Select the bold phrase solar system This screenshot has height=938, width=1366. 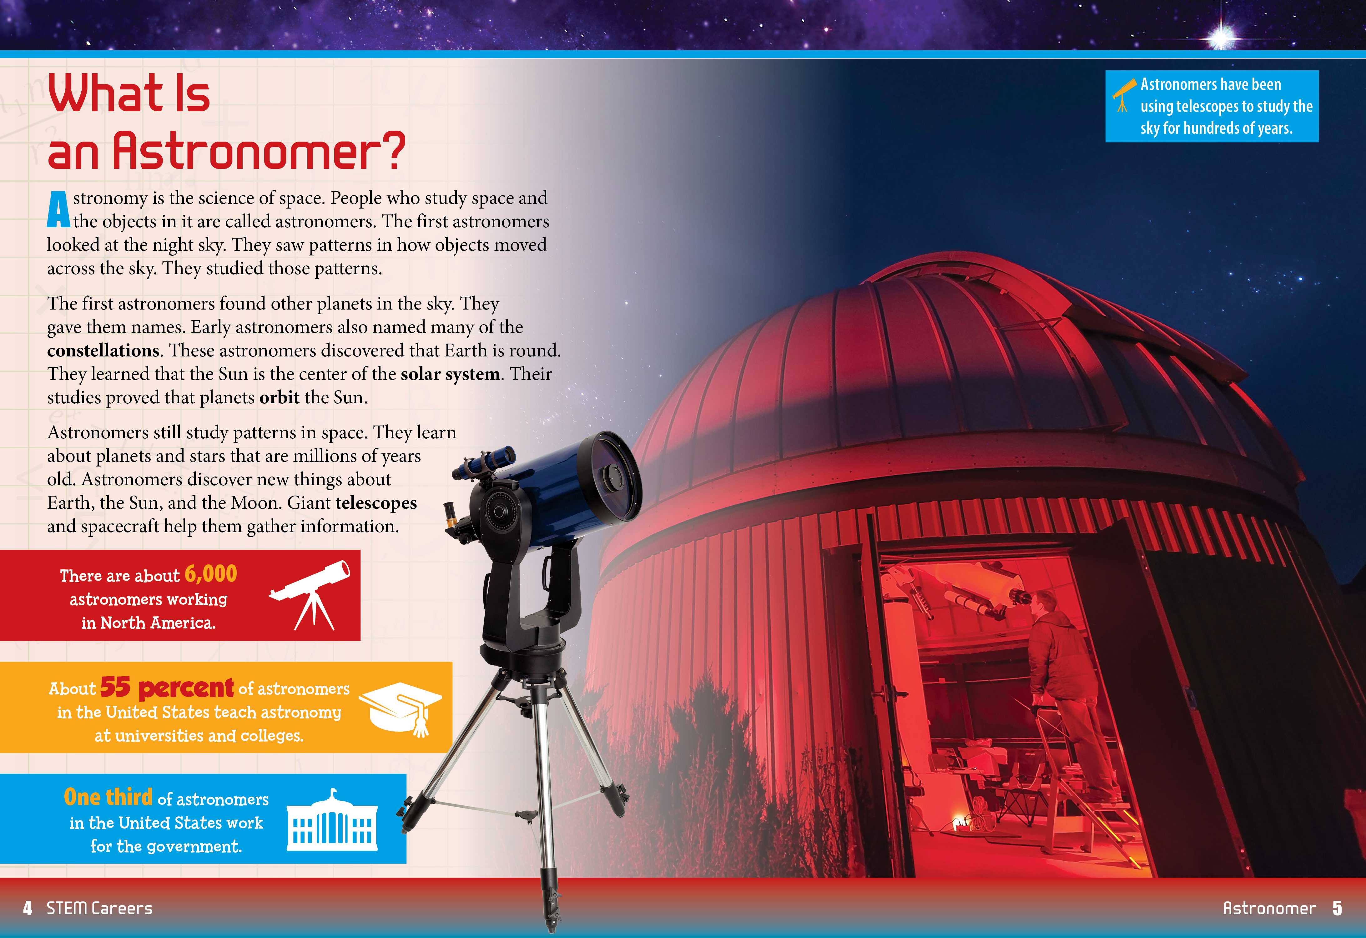point(450,374)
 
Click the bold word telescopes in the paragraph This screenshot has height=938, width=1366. point(376,503)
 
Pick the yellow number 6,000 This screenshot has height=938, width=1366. point(210,574)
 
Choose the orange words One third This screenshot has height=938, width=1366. point(108,797)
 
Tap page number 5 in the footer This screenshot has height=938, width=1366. point(1337,908)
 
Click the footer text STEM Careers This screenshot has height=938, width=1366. point(99,908)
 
